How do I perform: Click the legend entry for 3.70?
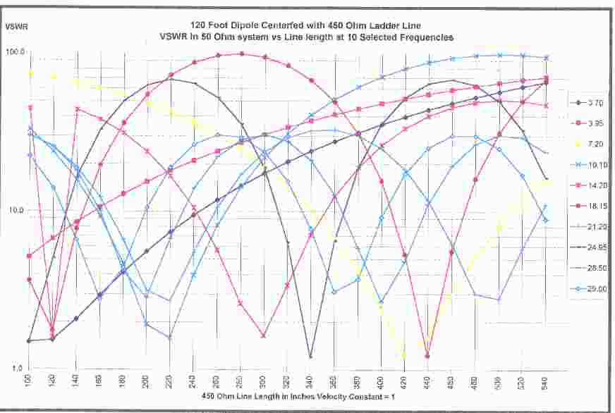pos(595,103)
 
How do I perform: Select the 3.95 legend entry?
pos(595,124)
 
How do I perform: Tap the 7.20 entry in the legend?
pos(595,144)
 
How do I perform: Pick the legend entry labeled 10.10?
pos(595,165)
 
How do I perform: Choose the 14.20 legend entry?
pos(595,185)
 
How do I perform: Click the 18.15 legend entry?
pos(595,207)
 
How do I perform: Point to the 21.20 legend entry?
pos(595,227)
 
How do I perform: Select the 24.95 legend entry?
pos(595,247)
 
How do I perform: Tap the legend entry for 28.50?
pos(595,269)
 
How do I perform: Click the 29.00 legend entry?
pos(595,289)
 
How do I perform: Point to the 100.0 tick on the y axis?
pos(16,52)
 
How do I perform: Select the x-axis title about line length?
pos(287,397)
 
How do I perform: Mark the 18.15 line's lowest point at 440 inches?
pos(428,356)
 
